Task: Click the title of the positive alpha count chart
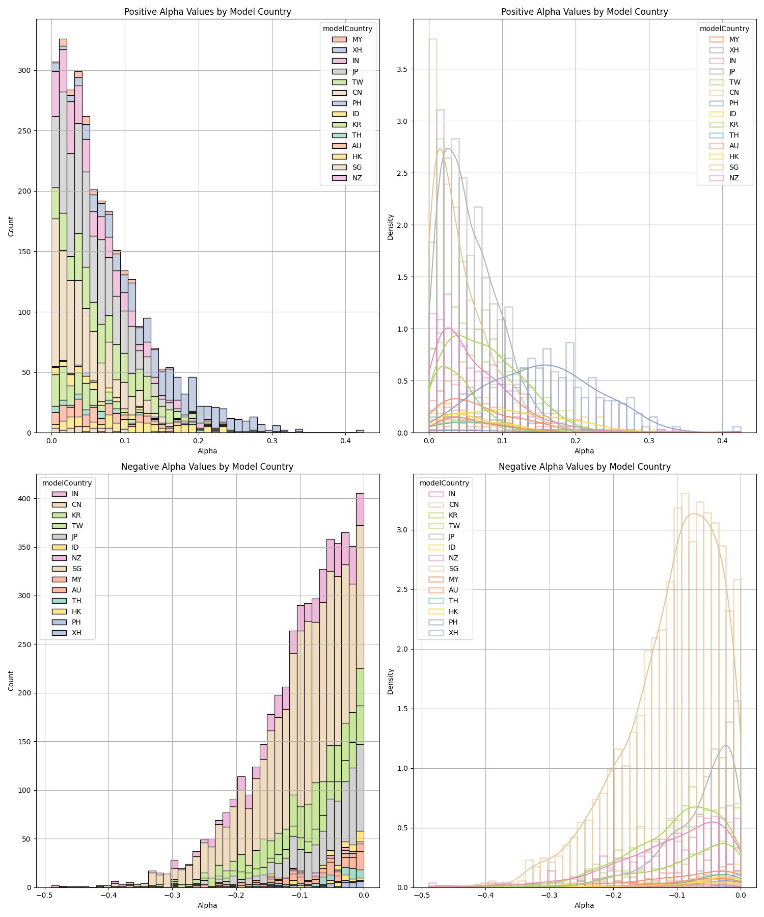point(207,12)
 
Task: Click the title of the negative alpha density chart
point(584,467)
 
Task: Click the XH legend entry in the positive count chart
point(357,50)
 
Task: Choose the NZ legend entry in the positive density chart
point(733,178)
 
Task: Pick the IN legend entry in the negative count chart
point(75,494)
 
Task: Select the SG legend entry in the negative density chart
point(453,569)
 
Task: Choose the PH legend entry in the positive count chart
point(357,103)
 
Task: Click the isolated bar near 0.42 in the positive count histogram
point(360,431)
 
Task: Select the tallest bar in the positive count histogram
point(63,234)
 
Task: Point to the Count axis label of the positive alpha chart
point(11,226)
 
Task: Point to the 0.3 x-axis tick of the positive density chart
point(649,440)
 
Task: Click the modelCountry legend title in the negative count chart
point(67,483)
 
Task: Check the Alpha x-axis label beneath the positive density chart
point(584,451)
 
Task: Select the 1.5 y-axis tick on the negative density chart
point(402,709)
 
